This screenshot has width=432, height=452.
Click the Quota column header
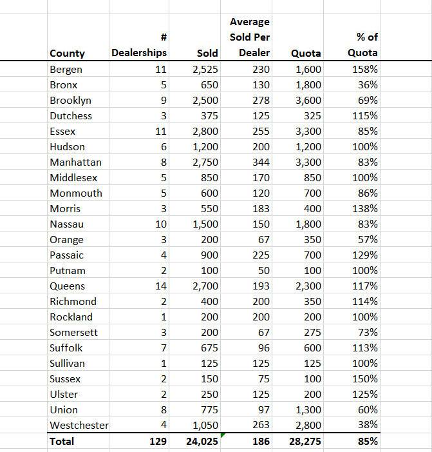pos(306,53)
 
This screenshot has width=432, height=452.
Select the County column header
pos(67,53)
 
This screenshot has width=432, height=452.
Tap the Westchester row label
pos(79,425)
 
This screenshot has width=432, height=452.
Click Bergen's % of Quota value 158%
pos(365,70)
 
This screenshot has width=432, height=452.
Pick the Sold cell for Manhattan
pos(205,162)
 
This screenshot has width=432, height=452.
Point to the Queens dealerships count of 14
pos(160,286)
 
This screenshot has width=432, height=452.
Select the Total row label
pos(62,441)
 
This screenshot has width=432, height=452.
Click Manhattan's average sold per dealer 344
pos(261,162)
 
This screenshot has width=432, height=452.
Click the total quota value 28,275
pos(306,441)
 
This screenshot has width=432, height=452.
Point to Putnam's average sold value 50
pos(264,270)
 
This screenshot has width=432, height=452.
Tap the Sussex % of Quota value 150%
pos(365,378)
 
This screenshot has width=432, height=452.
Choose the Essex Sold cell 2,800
pos(205,132)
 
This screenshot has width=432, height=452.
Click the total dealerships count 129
pos(158,441)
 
